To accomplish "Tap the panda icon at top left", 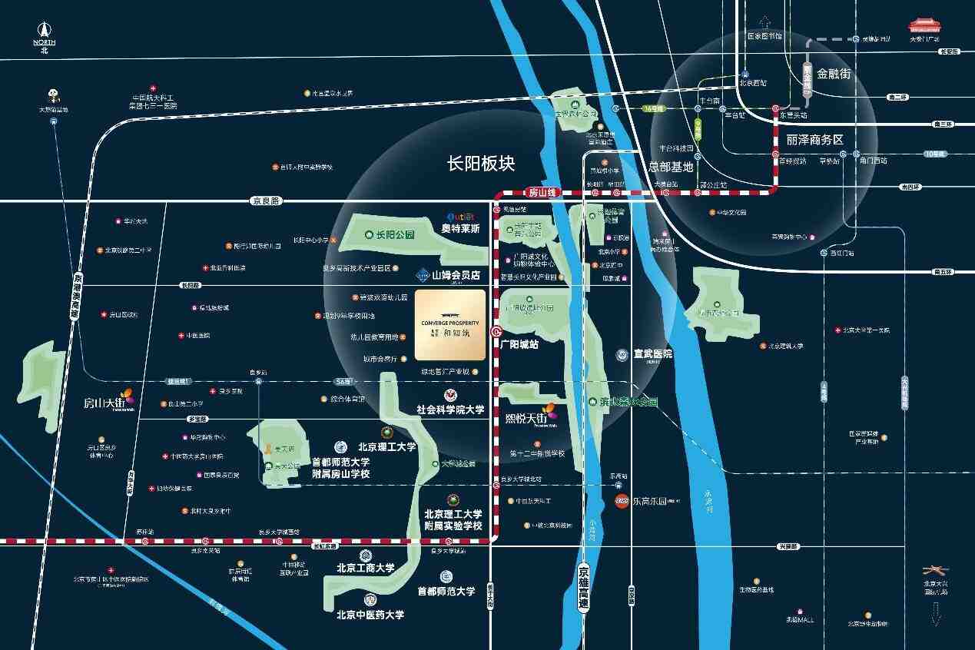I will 54,95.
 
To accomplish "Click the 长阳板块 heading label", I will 481,164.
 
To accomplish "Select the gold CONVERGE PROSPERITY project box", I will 450,325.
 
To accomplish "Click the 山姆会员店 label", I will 455,274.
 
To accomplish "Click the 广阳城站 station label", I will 519,344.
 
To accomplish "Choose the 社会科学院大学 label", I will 450,410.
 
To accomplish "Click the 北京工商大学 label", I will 365,569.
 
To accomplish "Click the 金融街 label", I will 834,74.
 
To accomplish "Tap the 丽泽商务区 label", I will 814,140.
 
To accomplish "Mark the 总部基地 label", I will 671,166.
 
